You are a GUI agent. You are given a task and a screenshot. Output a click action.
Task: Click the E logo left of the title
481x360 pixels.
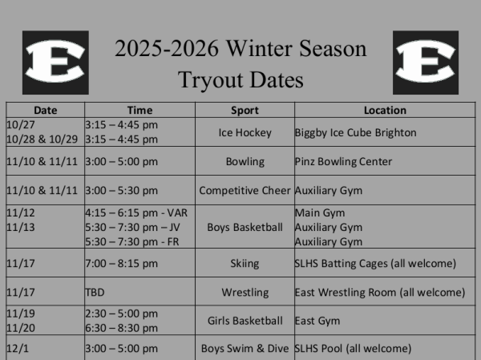click(x=55, y=62)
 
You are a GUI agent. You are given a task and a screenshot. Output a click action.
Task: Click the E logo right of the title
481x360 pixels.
click(x=426, y=63)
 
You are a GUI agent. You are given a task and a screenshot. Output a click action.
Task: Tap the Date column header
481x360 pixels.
click(x=45, y=111)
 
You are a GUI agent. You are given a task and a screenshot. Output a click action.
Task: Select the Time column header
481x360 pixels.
click(x=139, y=111)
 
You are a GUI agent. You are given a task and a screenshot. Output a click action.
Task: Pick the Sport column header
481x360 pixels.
click(x=245, y=111)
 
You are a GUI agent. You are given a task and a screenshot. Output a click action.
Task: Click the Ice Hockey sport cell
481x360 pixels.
click(x=245, y=132)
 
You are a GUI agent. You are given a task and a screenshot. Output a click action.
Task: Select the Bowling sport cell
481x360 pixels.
click(x=245, y=161)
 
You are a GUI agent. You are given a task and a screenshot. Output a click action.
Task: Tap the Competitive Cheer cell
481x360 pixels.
click(x=245, y=191)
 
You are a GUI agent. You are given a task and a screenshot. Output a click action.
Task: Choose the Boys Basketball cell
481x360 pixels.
click(x=245, y=227)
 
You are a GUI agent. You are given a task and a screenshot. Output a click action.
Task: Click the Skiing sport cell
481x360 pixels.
click(x=245, y=263)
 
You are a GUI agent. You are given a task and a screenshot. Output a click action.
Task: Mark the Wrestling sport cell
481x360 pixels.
click(x=245, y=292)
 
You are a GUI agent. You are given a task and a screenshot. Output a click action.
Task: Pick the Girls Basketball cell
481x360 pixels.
click(x=245, y=321)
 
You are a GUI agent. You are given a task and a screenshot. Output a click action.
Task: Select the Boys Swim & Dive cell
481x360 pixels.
click(x=245, y=349)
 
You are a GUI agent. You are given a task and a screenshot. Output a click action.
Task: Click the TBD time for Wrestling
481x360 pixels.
click(x=95, y=293)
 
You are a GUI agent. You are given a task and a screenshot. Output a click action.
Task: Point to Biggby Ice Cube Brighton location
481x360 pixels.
click(x=355, y=132)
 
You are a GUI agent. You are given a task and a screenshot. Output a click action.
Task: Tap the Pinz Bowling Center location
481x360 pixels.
click(x=343, y=161)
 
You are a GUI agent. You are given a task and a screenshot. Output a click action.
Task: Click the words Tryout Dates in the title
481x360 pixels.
click(x=240, y=79)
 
